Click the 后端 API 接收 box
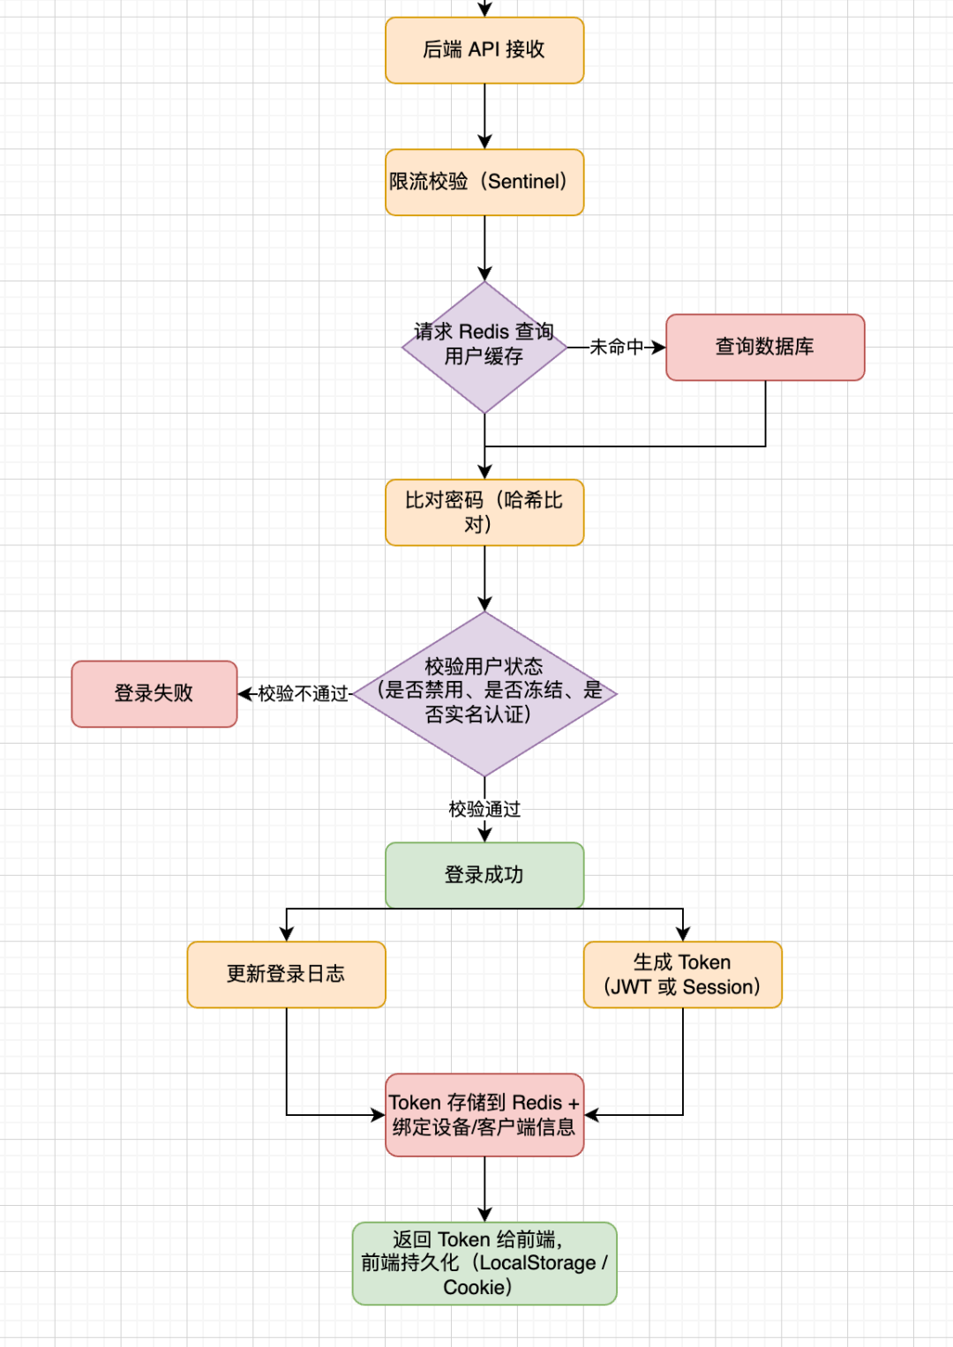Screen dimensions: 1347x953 coord(484,50)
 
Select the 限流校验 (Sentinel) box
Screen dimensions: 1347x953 coord(484,183)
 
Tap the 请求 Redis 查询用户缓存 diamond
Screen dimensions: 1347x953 coord(484,346)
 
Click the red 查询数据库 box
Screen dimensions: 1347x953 coord(765,347)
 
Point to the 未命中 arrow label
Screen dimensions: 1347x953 coord(616,348)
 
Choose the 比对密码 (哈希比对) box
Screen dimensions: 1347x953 coord(484,513)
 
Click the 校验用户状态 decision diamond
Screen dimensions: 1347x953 coord(484,693)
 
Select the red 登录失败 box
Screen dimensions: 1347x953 coord(154,693)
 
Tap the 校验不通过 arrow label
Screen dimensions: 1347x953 coord(303,694)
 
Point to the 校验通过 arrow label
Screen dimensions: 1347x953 coord(484,809)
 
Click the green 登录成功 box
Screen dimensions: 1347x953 coord(484,875)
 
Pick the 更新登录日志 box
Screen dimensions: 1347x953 coord(286,974)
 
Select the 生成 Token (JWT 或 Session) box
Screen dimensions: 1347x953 coord(682,974)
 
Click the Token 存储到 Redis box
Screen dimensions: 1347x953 coord(484,1115)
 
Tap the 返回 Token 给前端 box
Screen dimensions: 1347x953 coord(484,1263)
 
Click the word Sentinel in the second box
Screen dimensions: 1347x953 coord(526,182)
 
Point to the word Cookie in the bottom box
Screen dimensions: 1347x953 coord(474,1287)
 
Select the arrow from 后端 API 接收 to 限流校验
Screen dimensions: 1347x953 coord(484,115)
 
